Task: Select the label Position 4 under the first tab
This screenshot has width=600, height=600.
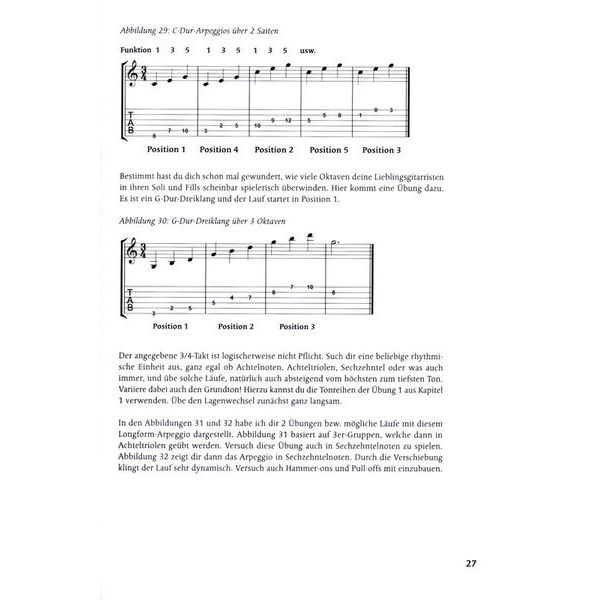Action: tap(219, 150)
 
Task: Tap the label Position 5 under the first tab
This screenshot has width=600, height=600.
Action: tap(329, 150)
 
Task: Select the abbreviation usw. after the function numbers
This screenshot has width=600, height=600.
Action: tap(309, 49)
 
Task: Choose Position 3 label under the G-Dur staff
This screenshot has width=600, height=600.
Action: tap(298, 327)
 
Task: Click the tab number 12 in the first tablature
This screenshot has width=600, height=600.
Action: tap(288, 120)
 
